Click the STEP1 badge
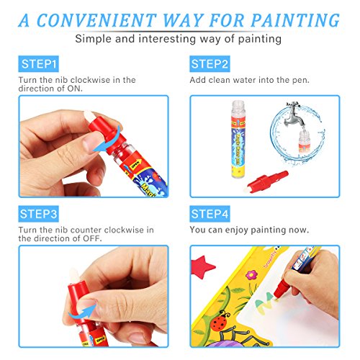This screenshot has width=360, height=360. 40,64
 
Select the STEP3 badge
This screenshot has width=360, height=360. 40,214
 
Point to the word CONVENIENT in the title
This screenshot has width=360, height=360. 103,19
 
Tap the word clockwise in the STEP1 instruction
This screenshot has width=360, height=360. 90,81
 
